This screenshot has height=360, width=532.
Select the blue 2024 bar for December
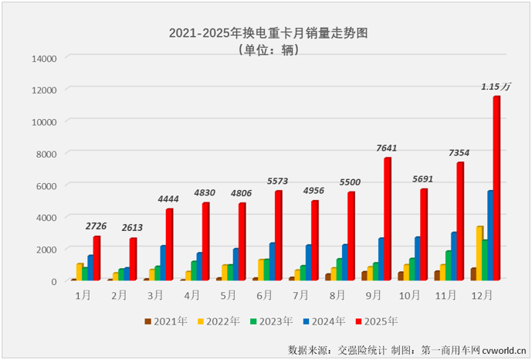point(490,236)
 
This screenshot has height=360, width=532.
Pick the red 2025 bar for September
point(387,219)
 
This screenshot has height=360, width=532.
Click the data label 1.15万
point(496,87)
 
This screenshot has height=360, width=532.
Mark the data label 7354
point(459,153)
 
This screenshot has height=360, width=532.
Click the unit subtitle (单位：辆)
point(266,50)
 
